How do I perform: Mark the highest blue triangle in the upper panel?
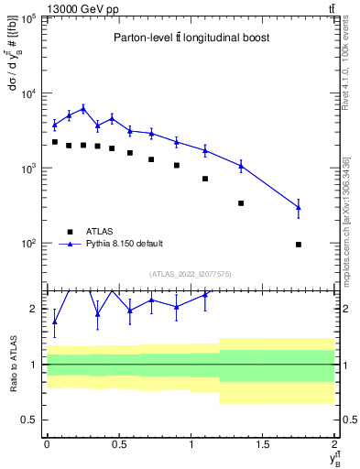pyautogui.click(x=83, y=108)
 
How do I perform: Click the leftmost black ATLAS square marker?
pyautogui.click(x=55, y=142)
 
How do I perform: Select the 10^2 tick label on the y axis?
pyautogui.click(x=30, y=244)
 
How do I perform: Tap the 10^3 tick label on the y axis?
pyautogui.click(x=30, y=169)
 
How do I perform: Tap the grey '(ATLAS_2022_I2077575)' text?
pyautogui.click(x=191, y=273)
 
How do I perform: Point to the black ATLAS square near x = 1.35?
pyautogui.click(x=241, y=203)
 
